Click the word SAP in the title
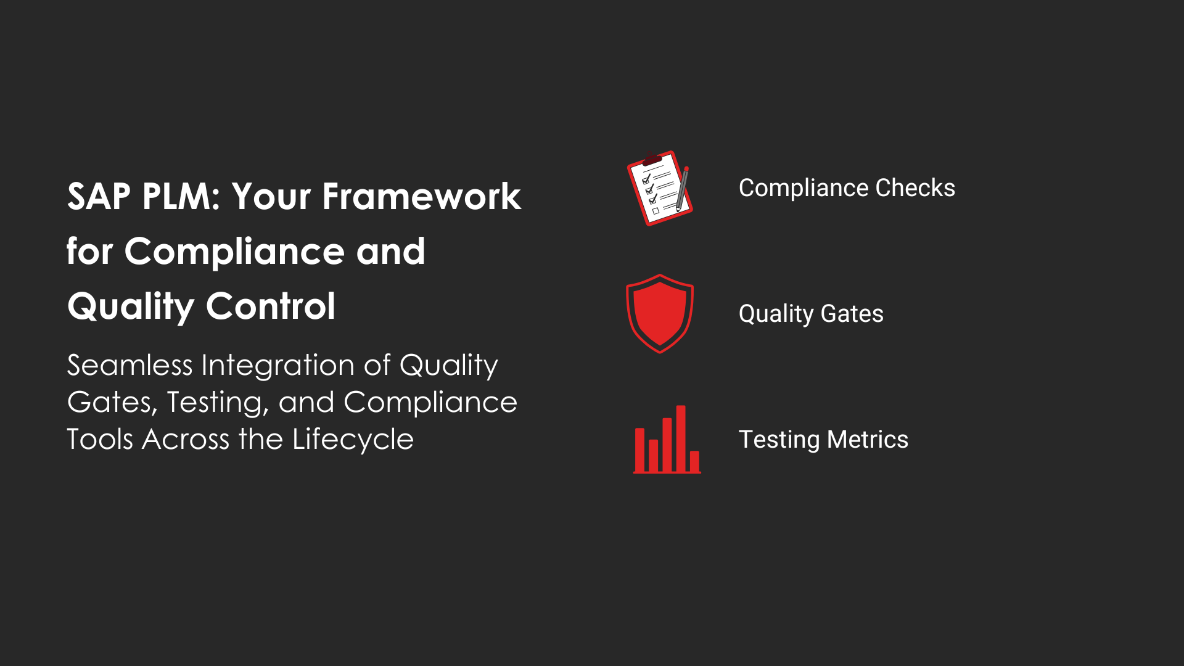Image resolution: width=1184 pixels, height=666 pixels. click(x=99, y=197)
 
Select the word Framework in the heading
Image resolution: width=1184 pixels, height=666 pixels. click(x=422, y=197)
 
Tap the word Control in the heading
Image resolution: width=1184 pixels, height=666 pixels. click(x=271, y=306)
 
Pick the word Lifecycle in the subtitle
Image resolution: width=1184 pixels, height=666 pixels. click(x=353, y=440)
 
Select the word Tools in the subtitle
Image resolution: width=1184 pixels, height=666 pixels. click(x=100, y=439)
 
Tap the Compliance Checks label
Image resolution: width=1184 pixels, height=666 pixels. click(x=847, y=188)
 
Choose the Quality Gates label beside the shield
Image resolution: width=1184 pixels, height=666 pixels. click(x=811, y=314)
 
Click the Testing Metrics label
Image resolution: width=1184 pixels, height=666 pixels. click(x=823, y=440)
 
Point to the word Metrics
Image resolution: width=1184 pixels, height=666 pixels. click(x=867, y=440)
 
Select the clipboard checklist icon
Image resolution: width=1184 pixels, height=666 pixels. click(x=659, y=188)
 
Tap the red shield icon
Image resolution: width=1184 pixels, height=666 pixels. click(x=660, y=314)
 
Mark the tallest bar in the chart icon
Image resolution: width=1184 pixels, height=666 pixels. click(x=681, y=438)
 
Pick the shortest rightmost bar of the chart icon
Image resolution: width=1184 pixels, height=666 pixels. click(x=694, y=461)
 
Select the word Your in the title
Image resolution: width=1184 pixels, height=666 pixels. click(x=271, y=197)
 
